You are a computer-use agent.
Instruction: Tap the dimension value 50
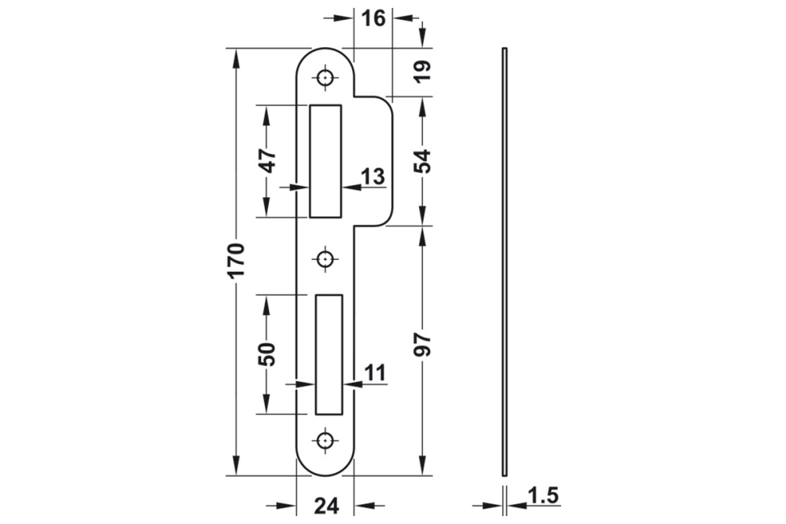267,354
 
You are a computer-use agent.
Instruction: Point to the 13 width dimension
374,177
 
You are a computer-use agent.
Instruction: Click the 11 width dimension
376,373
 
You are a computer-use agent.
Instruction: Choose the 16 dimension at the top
373,17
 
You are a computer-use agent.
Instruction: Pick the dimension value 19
423,71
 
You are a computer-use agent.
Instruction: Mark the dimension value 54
423,161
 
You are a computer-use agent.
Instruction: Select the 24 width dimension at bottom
325,505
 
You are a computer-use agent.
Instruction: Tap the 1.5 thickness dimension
542,497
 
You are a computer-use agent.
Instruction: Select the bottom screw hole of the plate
325,441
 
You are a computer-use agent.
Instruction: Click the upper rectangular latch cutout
326,161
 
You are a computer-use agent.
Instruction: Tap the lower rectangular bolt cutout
329,354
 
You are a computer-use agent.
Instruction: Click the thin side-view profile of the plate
504,261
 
